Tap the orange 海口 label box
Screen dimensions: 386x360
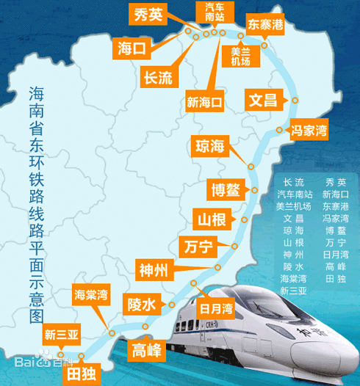tap(133, 49)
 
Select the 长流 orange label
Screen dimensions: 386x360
tap(157, 76)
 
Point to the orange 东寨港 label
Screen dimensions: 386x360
tap(266, 23)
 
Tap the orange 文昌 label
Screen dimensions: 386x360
tap(263, 98)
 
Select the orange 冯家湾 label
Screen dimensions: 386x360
tap(309, 130)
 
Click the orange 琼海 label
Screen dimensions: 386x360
tap(209, 144)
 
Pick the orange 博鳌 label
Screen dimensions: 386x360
tap(223, 189)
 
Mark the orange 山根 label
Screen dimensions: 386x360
tap(212, 219)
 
